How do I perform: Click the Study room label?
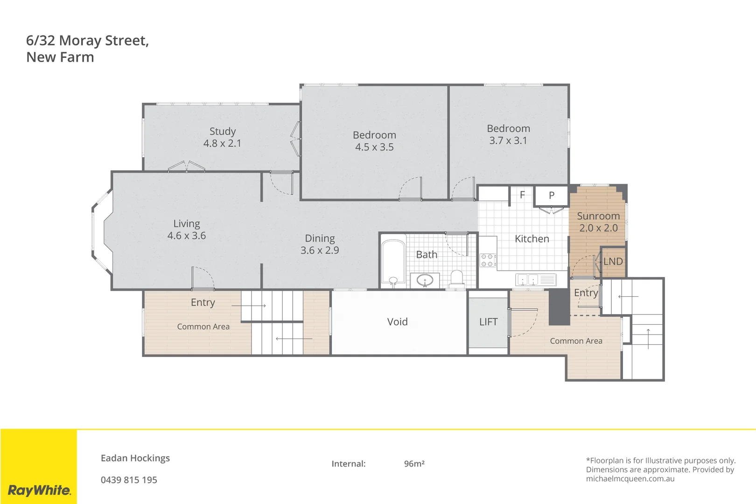point(223,132)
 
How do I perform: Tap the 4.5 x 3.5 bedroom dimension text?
point(374,147)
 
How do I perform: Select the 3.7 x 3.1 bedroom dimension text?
point(508,140)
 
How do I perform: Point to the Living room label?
point(187,224)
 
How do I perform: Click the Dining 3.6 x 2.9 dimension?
point(320,251)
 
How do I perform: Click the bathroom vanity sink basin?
point(425,281)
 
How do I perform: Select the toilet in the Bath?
point(456,279)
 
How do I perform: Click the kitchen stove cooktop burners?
point(488,260)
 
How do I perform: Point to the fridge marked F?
point(522,195)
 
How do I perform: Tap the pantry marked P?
point(552,196)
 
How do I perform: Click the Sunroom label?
point(598,216)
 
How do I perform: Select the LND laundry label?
point(613,262)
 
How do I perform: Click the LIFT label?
point(488,322)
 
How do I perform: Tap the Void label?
point(397,322)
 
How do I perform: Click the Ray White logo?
point(39,490)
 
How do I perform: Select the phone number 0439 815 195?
point(129,480)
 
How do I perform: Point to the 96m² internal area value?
point(414,464)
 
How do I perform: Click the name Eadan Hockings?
point(135,458)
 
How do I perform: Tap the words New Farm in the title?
point(60,57)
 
